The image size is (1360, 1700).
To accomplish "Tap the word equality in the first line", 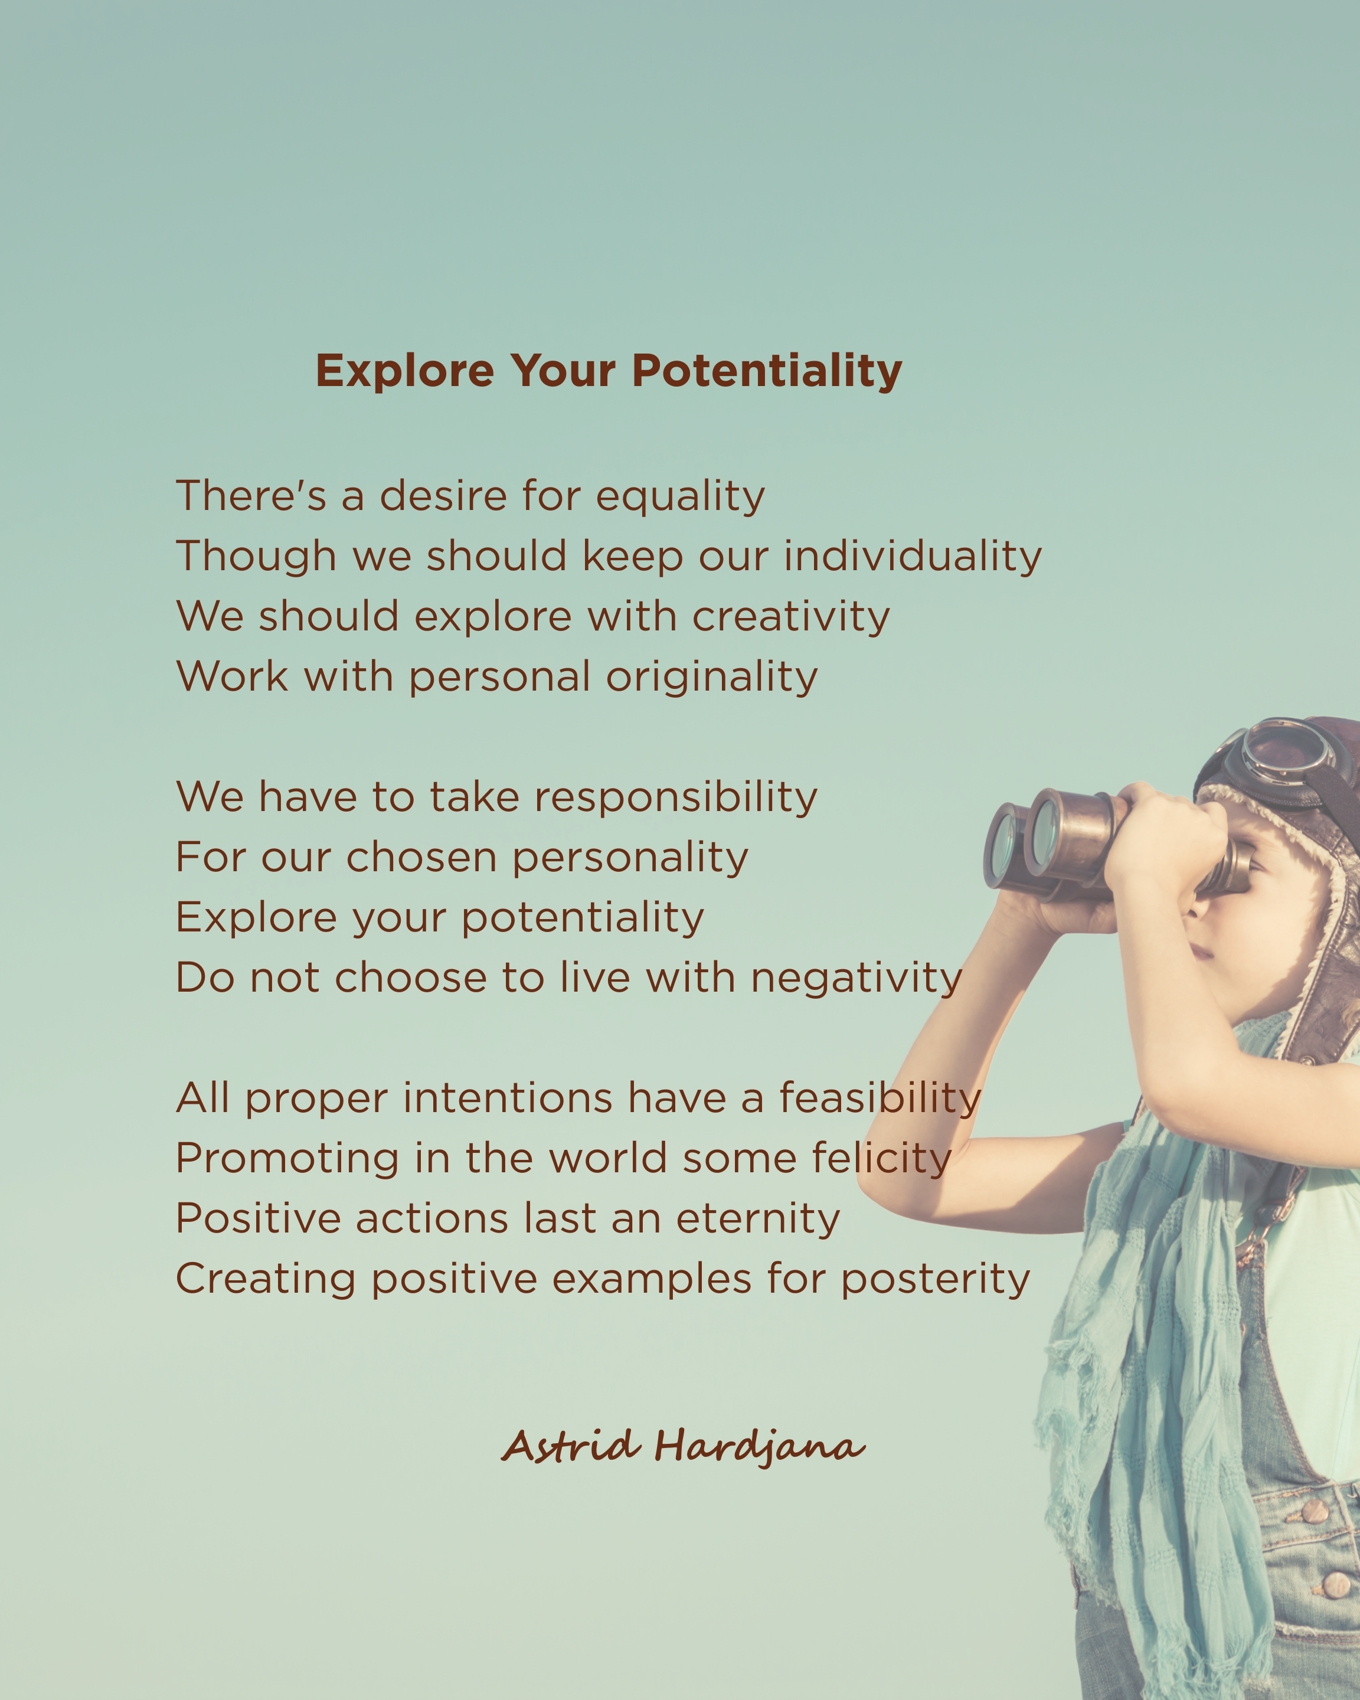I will tap(679, 497).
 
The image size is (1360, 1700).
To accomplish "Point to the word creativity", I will tap(791, 617).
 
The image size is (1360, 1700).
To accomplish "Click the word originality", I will tap(711, 677).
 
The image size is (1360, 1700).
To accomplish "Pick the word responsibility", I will tap(676, 797).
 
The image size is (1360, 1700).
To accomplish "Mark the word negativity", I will tap(856, 979).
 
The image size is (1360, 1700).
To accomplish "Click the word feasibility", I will tap(880, 1099).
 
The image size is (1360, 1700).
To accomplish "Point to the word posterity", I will tap(935, 1279).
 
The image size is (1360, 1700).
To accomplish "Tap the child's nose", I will tap(1193, 907).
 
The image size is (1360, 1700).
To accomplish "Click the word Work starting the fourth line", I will tap(233, 676).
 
